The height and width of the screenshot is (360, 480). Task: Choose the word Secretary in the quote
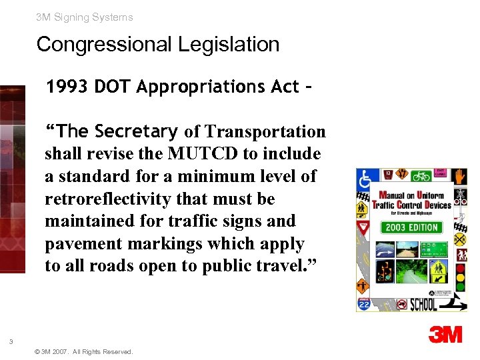137,131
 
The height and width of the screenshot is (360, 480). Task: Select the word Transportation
265,132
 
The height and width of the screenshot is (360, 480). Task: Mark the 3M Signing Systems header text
85,17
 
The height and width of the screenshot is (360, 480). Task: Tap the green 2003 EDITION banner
412,227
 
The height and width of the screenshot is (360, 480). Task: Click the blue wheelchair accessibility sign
365,178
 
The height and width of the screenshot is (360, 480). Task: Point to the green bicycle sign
421,176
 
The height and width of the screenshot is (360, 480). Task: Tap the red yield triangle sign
363,228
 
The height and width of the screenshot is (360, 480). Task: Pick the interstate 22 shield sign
364,304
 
